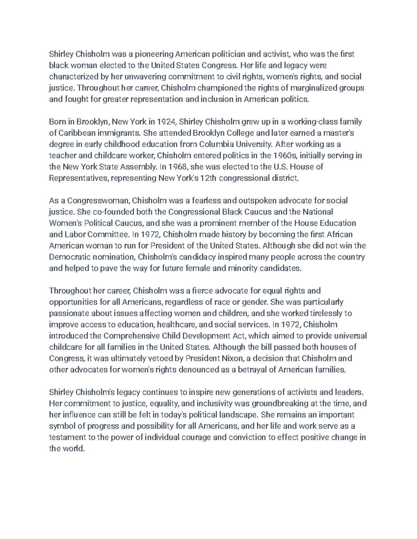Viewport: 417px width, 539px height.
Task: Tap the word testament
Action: pos(65,437)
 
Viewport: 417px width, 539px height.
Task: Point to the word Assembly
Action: pos(138,167)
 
